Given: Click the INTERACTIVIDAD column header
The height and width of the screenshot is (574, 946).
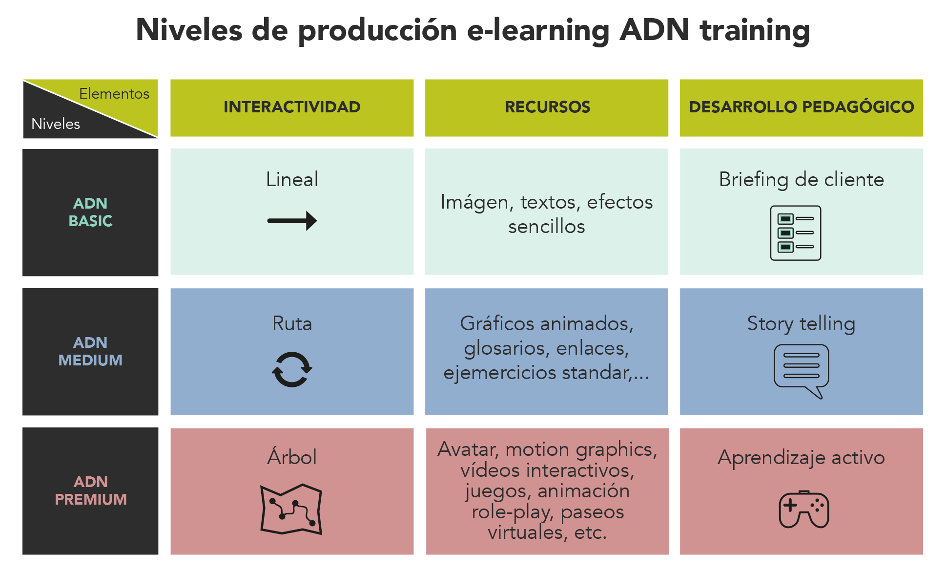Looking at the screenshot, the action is [x=292, y=107].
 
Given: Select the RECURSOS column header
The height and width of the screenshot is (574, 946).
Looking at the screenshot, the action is [x=547, y=107].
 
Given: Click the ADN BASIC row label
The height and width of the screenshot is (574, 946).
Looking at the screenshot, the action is [x=90, y=212].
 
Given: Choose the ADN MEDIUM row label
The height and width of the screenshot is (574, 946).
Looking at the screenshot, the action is [x=90, y=351].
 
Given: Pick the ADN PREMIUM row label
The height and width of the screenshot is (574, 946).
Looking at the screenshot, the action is [x=91, y=490].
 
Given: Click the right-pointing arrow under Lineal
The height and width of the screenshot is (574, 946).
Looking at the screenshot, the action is [x=292, y=221].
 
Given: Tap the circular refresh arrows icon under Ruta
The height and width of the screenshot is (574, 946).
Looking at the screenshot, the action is [x=292, y=369].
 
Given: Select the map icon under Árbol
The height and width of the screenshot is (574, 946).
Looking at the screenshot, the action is [x=291, y=509].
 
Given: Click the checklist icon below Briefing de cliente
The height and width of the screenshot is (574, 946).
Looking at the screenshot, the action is [x=796, y=233].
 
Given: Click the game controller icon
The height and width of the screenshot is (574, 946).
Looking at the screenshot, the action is [x=803, y=510].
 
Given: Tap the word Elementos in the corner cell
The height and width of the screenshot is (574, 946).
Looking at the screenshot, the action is [x=114, y=93].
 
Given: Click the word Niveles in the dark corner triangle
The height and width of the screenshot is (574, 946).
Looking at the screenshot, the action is [x=56, y=124].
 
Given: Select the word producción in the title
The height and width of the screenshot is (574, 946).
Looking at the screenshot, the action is [x=377, y=31].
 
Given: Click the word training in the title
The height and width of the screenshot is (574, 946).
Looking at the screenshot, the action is [x=755, y=31].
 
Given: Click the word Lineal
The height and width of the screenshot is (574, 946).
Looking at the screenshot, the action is [x=292, y=179].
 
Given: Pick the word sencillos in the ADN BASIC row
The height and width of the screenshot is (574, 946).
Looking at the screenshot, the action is [x=547, y=226].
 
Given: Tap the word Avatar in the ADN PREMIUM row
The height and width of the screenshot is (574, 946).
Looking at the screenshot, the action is [x=469, y=449].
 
